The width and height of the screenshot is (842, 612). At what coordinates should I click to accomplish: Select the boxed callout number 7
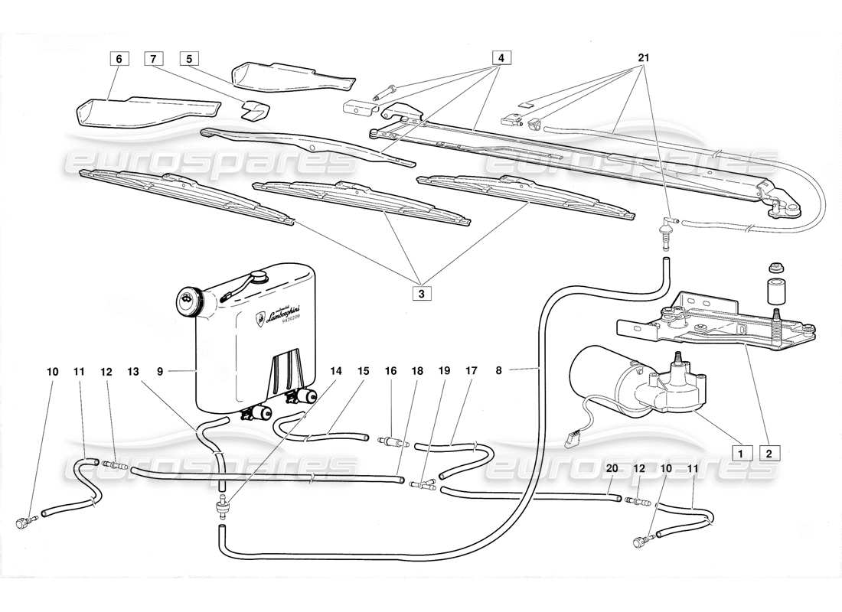click(153, 58)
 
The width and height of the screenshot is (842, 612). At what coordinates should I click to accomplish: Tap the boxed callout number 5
click(189, 58)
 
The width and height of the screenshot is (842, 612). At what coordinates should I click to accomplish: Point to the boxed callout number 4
click(501, 58)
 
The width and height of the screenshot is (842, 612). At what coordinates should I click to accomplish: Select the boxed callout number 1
click(739, 451)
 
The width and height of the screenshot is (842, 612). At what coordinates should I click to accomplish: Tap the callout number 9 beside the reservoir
click(160, 372)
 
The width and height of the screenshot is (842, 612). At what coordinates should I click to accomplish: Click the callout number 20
click(612, 468)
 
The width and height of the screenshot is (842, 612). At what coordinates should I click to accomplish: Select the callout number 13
click(133, 372)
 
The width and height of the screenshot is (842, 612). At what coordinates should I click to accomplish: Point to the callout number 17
click(472, 372)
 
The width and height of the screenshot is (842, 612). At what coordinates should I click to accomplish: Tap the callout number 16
click(391, 372)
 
